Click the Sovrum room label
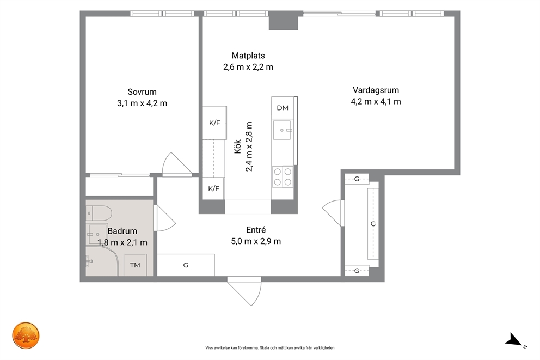pyautogui.click(x=142, y=92)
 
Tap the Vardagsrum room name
pyautogui.click(x=376, y=90)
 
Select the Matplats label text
pyautogui.click(x=248, y=56)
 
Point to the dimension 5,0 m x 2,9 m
pyautogui.click(x=256, y=241)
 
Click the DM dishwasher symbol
pyautogui.click(x=283, y=108)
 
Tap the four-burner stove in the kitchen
pyautogui.click(x=283, y=176)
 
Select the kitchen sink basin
pyautogui.click(x=283, y=130)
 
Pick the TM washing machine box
pyautogui.click(x=135, y=265)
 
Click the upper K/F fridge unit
pyautogui.click(x=214, y=123)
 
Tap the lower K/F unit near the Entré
pyautogui.click(x=213, y=188)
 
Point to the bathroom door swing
pyautogui.click(x=164, y=218)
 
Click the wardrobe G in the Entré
pyautogui.click(x=186, y=265)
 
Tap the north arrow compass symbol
pyautogui.click(x=514, y=340)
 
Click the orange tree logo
pyautogui.click(x=26, y=336)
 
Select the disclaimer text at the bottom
pyautogui.click(x=270, y=348)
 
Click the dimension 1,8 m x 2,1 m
pyautogui.click(x=122, y=242)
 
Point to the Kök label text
pyautogui.click(x=238, y=147)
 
